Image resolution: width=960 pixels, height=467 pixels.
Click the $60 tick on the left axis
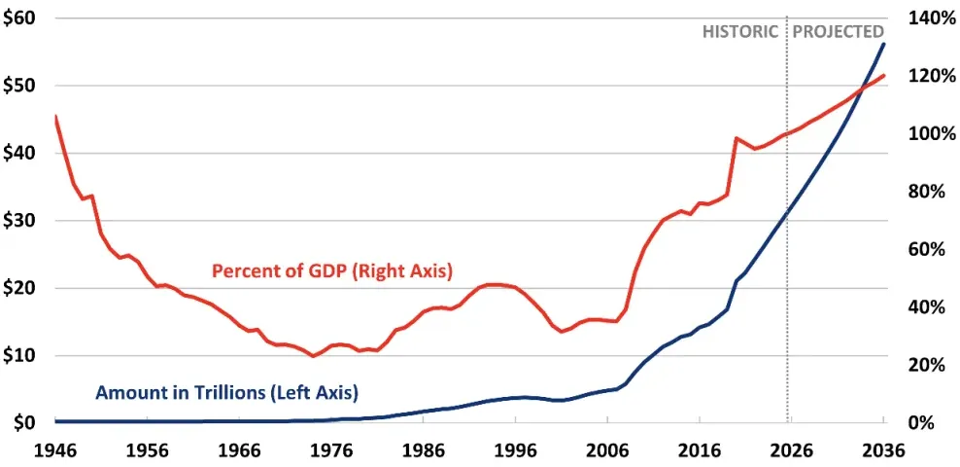tap(20, 18)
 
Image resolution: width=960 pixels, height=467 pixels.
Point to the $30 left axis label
tap(20, 220)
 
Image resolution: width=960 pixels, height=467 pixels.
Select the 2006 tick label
tap(607, 450)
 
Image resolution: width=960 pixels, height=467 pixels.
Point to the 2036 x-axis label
tap(883, 450)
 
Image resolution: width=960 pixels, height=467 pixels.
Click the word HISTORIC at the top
tap(740, 31)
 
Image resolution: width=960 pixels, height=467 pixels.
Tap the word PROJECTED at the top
tap(839, 31)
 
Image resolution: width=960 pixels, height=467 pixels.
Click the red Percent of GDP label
tap(333, 271)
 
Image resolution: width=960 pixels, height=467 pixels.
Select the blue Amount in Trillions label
tap(226, 393)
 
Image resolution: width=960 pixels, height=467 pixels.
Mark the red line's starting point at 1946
tap(55, 117)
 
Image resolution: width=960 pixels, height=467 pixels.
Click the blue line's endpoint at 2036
tap(883, 44)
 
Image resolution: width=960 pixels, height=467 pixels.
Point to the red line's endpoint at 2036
tap(883, 75)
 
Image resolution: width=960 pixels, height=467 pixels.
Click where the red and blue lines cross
tap(861, 91)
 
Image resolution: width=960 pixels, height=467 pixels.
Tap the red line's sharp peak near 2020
tap(736, 138)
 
